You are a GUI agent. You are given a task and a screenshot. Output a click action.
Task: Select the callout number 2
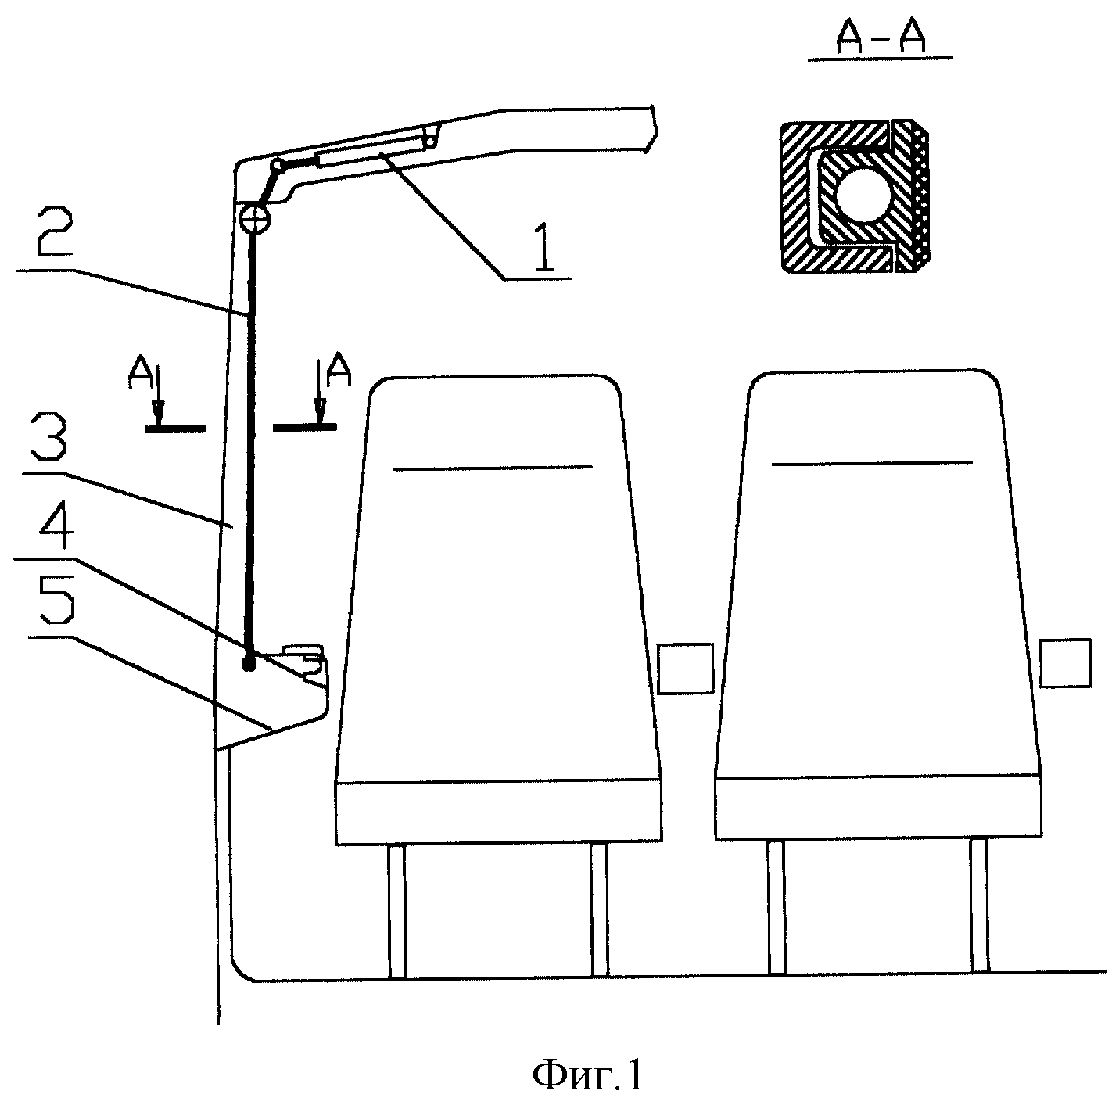click(55, 231)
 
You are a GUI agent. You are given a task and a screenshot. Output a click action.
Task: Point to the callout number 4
click(56, 523)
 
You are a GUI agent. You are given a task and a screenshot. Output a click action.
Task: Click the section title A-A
click(881, 39)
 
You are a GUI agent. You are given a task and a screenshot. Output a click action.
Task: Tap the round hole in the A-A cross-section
click(864, 195)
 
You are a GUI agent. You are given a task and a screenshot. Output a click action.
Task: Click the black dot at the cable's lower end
click(249, 664)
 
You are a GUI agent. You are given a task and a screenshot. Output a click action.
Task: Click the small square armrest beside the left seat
click(686, 669)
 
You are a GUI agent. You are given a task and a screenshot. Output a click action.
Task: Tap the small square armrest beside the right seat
click(1065, 663)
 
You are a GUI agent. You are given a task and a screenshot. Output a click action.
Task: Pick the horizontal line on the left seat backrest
click(492, 468)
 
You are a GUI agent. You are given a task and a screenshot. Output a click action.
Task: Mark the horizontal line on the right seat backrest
click(872, 463)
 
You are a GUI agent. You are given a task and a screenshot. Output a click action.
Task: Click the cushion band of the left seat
click(499, 812)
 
